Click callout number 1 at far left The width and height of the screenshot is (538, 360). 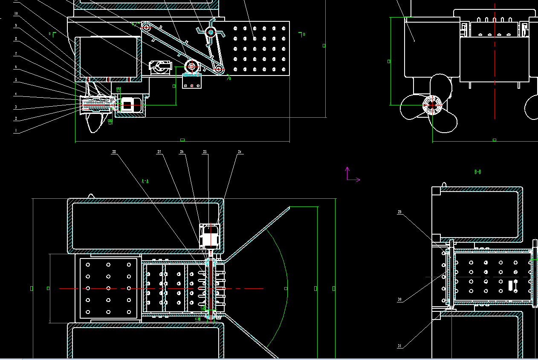tap(16, 131)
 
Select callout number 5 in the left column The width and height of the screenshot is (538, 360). tap(16, 80)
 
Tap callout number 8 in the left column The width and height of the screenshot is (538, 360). tap(16, 39)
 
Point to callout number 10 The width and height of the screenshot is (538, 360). tap(16, 13)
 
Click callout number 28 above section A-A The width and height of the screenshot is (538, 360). tap(114, 151)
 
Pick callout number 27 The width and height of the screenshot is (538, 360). tap(159, 151)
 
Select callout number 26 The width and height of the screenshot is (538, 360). tap(182, 151)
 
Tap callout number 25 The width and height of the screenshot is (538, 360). tap(205, 151)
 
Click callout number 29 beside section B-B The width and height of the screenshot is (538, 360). tap(399, 212)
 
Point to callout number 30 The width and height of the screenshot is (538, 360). tap(399, 299)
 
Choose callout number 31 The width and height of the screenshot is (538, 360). tap(399, 346)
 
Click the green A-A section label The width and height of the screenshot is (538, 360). tap(145, 181)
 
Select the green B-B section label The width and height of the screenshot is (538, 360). tap(478, 172)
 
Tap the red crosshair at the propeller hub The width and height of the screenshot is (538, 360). tap(432, 104)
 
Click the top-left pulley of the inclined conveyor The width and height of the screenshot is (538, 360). tap(146, 27)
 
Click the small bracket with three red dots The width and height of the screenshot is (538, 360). tap(192, 81)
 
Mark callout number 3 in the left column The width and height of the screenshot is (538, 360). tap(16, 107)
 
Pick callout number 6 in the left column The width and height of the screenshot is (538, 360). tap(16, 67)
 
